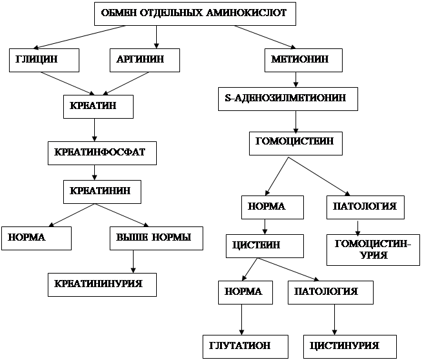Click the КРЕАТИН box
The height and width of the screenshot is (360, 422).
tap(99, 106)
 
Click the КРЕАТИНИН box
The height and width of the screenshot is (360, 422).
tap(101, 190)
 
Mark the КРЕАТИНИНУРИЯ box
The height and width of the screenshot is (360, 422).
tap(102, 285)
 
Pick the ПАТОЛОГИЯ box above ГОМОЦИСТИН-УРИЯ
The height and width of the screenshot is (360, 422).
tap(365, 207)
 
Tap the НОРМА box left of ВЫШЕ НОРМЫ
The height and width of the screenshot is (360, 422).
tap(35, 237)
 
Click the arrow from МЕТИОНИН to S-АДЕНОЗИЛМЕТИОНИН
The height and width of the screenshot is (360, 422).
tap(296, 80)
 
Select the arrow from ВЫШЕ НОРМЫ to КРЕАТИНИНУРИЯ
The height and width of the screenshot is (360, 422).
tap(133, 262)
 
